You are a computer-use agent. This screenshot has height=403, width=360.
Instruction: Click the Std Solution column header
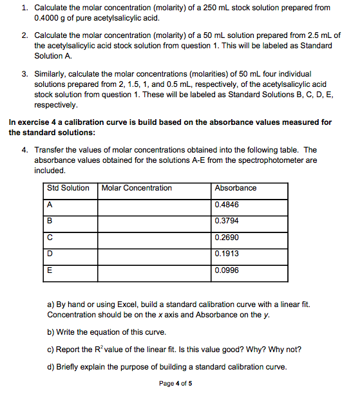(68, 188)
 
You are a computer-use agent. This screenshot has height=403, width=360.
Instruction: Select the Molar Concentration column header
(137, 188)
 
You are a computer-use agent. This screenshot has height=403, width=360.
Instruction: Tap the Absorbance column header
(235, 188)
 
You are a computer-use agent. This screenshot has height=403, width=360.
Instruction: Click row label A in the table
(50, 205)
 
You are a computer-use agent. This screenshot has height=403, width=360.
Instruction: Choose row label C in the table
(50, 238)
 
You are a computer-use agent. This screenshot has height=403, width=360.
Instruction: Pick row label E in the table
(50, 270)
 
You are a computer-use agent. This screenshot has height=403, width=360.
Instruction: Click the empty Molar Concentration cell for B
(155, 221)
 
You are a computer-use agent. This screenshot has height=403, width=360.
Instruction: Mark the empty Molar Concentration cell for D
(155, 254)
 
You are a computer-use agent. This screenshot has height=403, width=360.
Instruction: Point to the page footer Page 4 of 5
(175, 384)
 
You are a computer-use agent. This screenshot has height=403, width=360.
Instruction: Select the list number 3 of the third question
(24, 75)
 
